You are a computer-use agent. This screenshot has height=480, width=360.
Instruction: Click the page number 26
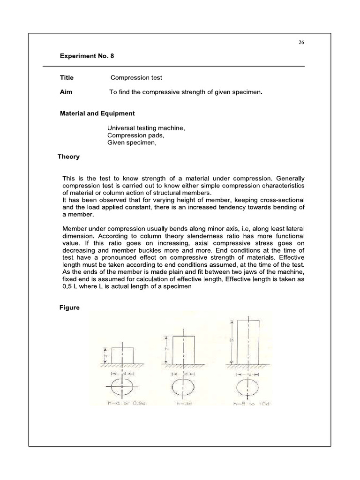[x=301, y=42]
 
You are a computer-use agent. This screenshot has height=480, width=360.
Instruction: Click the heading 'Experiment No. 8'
[x=87, y=56]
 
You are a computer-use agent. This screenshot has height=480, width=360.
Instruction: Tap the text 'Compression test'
[x=136, y=78]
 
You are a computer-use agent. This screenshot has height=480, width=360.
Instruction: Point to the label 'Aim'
[x=66, y=92]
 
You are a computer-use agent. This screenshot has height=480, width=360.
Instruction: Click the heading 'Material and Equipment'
[x=97, y=113]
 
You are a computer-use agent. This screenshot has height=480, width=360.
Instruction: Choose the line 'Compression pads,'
[x=136, y=136]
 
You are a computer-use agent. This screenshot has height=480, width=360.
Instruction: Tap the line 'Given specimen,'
[x=131, y=143]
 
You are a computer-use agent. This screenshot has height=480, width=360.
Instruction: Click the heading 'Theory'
[x=68, y=157]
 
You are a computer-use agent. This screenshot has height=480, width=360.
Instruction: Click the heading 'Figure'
[x=69, y=308]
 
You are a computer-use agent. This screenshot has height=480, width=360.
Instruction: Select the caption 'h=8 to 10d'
[x=247, y=403]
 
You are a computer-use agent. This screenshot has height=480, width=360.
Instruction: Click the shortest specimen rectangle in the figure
[x=122, y=355]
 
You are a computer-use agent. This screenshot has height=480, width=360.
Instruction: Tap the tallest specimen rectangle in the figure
[x=247, y=341]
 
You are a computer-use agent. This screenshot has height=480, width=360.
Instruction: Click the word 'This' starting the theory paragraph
[x=69, y=179]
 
